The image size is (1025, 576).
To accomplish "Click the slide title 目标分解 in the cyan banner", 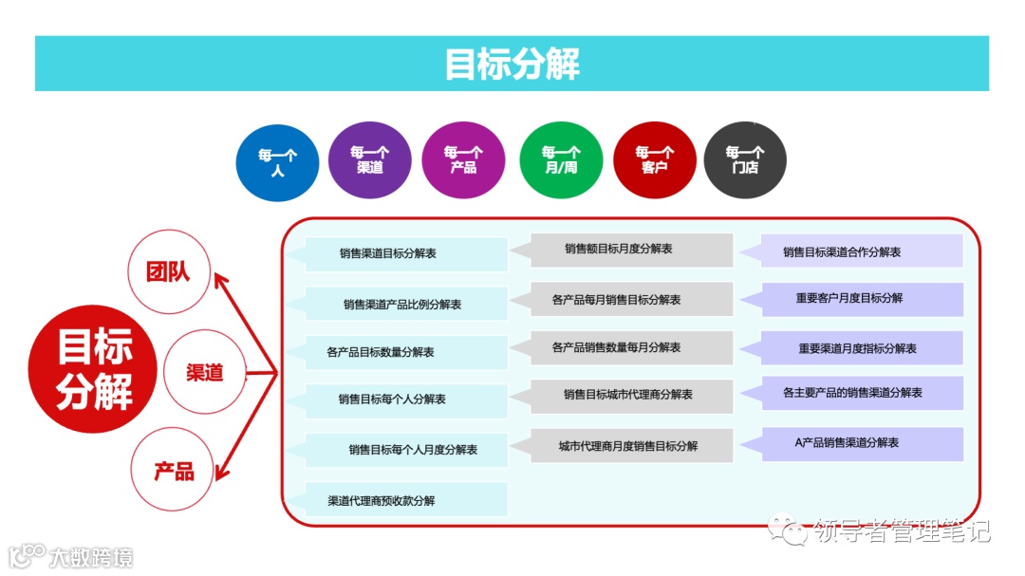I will pos(512,64).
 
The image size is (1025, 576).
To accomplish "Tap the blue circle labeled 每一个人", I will pos(277,161).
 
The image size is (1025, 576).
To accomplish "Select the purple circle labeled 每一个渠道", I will pos(370,159).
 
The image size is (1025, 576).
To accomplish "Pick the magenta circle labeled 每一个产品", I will pos(463,159).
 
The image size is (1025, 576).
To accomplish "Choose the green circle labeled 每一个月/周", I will pos(560,159).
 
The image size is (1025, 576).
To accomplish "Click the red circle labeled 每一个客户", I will pos(654,159).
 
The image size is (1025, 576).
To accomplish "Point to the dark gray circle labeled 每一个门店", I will pos(745,159).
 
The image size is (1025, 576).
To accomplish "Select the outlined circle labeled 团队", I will pos(168,272).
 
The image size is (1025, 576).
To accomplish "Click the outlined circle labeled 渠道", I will pos(204,372).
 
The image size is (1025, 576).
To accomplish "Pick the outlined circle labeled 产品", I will pos(174,470).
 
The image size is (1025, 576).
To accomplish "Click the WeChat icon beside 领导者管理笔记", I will pos(786,528).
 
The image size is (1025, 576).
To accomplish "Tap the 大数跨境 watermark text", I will pos(91,556).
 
